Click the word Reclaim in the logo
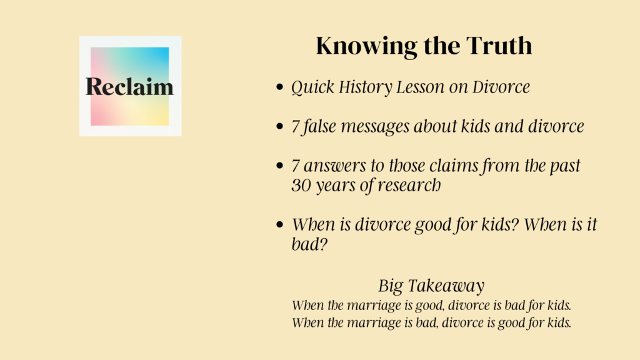point(129,86)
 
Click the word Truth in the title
point(499,45)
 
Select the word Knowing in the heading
point(366,46)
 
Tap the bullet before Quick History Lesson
point(279,87)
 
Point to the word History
point(365,87)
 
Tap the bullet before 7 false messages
point(279,126)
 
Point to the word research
point(409,185)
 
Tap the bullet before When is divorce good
point(279,224)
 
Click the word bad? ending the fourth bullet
point(309,244)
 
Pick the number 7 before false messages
point(296,127)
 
